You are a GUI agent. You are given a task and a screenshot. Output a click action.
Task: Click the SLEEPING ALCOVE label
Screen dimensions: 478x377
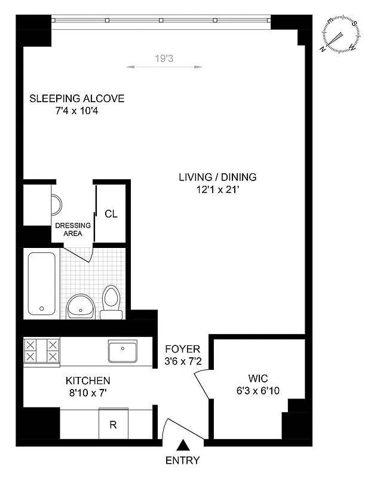[77, 99]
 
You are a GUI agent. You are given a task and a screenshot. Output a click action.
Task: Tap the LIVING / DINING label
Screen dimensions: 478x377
[217, 177]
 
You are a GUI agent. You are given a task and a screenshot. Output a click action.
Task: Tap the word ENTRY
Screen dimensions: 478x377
[183, 461]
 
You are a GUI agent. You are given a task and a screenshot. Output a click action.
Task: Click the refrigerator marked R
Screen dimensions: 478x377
[112, 425]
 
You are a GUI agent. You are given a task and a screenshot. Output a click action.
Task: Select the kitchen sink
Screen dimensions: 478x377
[122, 351]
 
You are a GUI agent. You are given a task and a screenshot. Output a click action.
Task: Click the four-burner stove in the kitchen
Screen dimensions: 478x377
[42, 351]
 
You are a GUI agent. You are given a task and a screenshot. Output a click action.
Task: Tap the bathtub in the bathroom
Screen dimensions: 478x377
[42, 283]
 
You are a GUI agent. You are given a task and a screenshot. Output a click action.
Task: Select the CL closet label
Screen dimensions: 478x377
[111, 214]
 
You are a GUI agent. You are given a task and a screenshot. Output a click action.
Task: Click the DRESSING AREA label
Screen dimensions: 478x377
[73, 229]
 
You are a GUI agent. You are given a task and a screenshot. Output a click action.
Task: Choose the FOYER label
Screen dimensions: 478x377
[183, 349]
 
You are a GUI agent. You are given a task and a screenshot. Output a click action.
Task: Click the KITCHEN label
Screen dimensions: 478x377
[87, 381]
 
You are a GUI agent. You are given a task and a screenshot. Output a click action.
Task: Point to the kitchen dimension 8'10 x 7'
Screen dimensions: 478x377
[87, 393]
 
